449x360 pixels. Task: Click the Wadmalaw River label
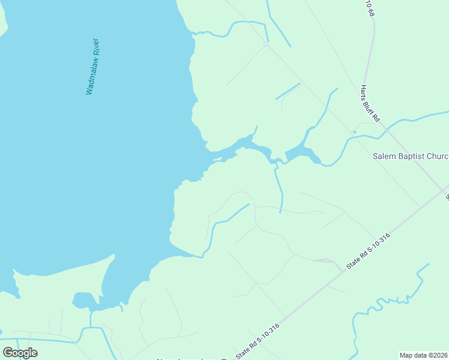pos(92,67)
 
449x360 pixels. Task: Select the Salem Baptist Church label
pos(411,156)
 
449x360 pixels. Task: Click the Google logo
pos(20,353)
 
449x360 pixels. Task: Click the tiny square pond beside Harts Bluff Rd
pos(354,132)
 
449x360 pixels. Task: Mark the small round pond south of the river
pos(82,300)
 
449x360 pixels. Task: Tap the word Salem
pos(385,156)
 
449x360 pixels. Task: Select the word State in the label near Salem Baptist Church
pos(354,264)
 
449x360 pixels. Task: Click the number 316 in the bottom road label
pos(274,328)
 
